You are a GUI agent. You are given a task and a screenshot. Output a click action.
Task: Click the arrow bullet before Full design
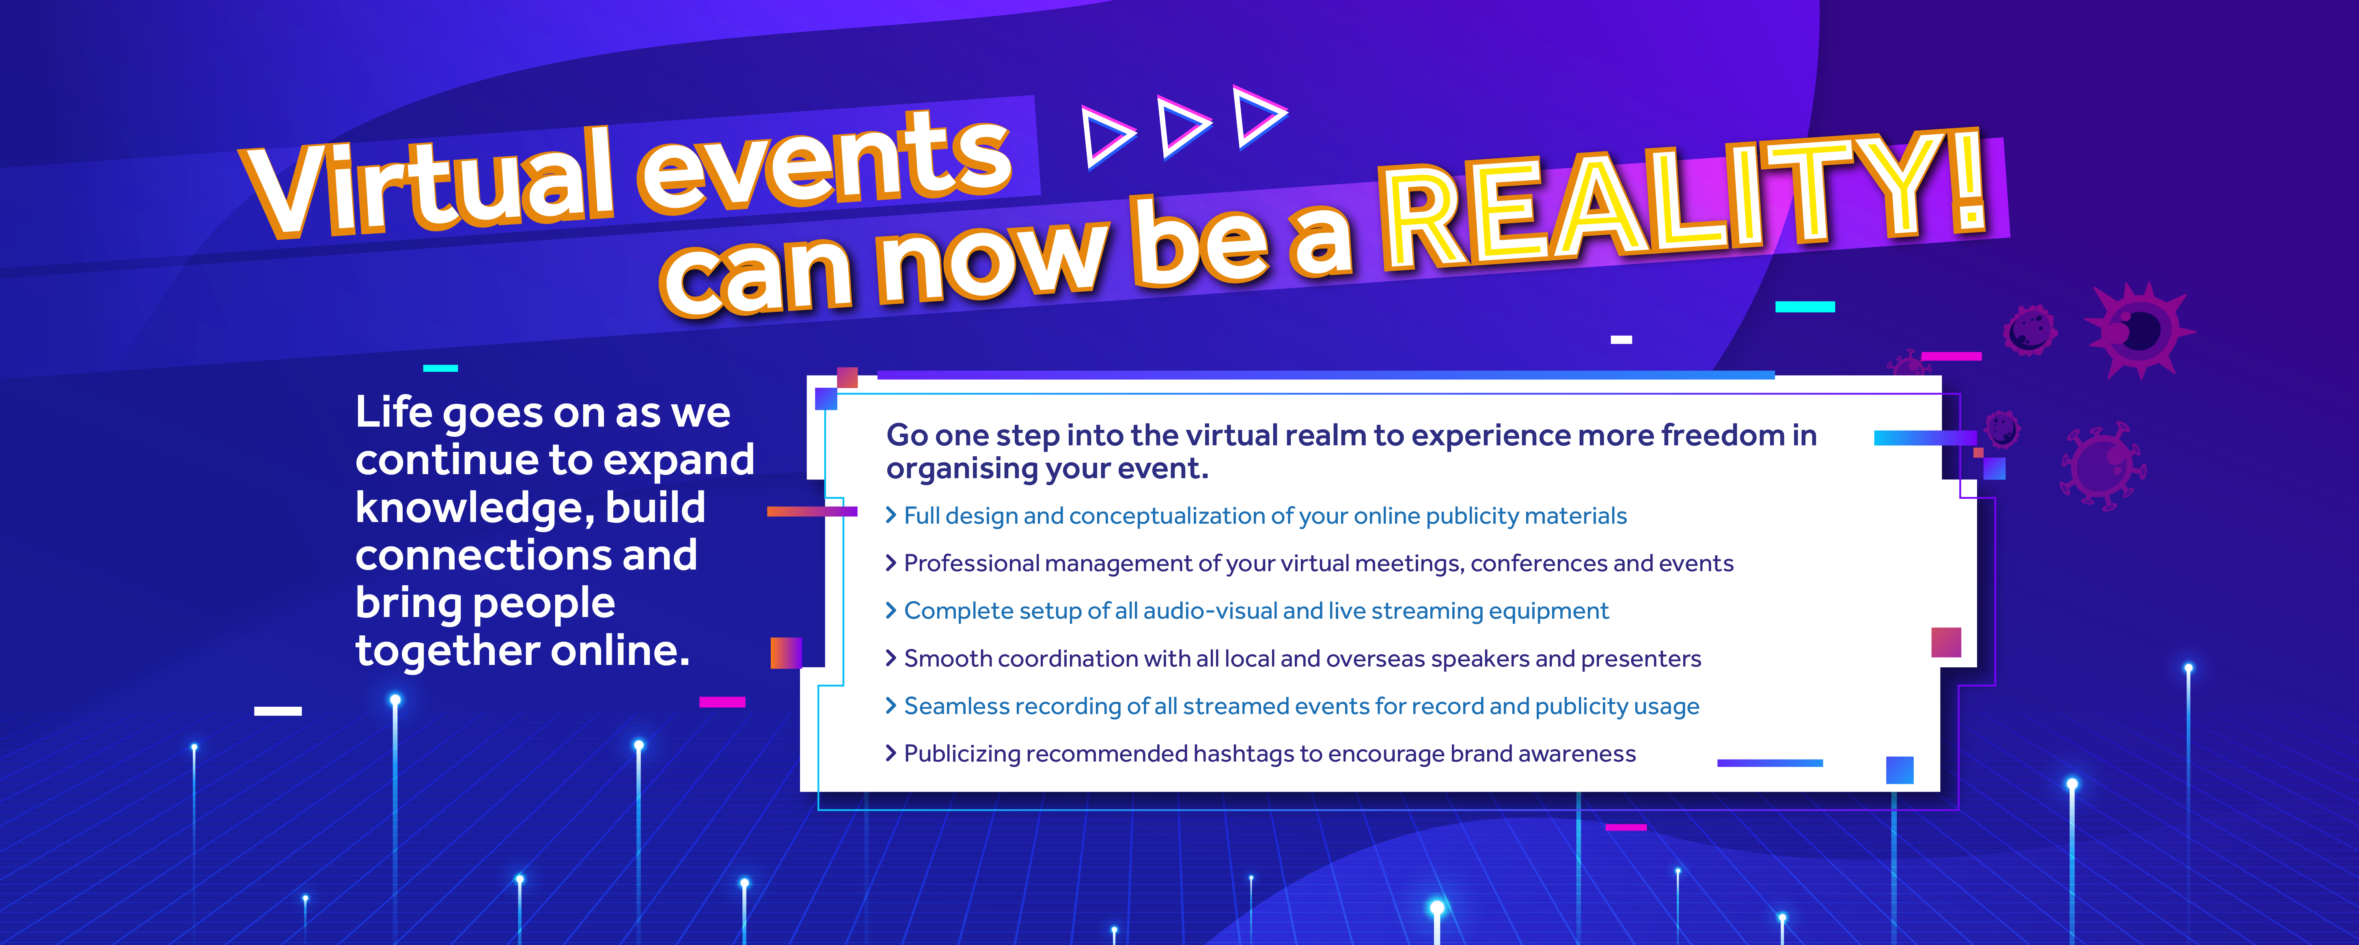[x=890, y=516]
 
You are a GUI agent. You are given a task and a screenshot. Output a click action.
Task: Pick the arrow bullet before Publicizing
[x=890, y=754]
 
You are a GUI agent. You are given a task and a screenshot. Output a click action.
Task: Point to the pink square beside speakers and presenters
[x=1946, y=642]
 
